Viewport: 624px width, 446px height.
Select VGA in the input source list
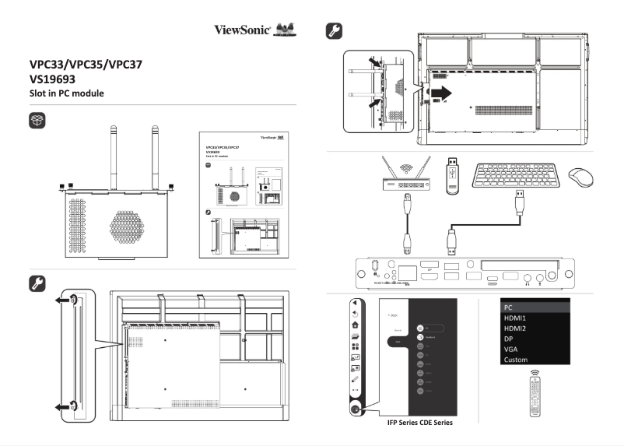pyautogui.click(x=511, y=349)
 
